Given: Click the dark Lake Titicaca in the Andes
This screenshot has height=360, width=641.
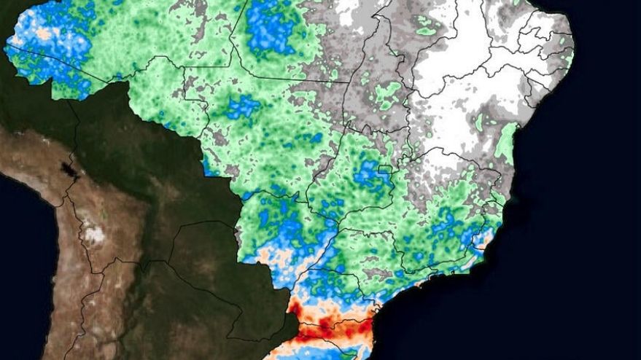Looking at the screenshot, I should click(70, 171).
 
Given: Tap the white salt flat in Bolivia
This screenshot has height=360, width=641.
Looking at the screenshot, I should click(93, 235).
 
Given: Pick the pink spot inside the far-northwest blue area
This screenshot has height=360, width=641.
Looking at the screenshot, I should click(43, 34).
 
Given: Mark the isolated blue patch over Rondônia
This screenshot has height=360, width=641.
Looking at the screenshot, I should click(242, 108).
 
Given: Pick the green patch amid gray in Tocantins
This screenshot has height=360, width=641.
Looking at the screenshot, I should click(390, 95).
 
